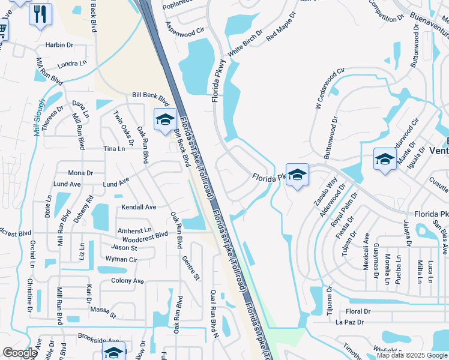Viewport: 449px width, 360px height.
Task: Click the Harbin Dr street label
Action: click(59, 45)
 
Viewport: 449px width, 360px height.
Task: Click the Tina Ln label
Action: click(114, 148)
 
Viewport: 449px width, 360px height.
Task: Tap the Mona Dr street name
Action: click(80, 173)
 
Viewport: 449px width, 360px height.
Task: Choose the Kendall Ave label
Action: click(139, 207)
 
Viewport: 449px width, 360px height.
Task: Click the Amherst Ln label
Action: click(134, 230)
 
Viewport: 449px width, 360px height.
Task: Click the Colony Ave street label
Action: click(127, 281)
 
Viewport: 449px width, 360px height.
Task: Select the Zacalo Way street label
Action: click(325, 191)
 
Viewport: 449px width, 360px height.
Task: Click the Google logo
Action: click(20, 353)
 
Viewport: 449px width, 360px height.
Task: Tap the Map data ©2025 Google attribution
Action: click(411, 355)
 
